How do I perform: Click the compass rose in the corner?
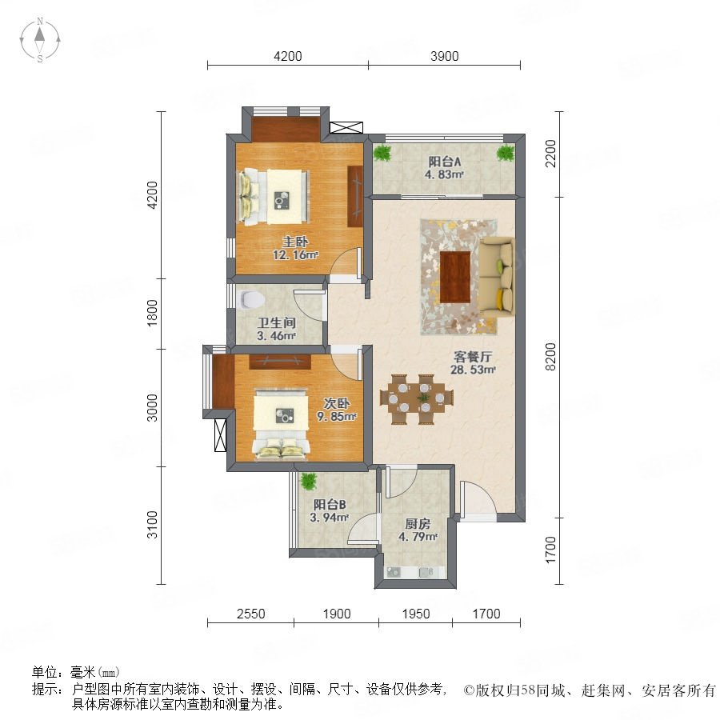pos(40,40)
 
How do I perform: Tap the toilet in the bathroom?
pos(252,299)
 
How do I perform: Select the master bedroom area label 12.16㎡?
pos(295,255)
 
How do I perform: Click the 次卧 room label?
pos(337,404)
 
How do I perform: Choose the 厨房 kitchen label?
pos(418,524)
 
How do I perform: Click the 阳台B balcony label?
pos(330,505)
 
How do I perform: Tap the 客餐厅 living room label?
pos(473,357)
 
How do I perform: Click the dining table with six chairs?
pos(417,398)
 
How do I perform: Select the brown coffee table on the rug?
pos(455,277)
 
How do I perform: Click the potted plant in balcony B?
pos(309,482)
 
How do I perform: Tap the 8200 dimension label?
pos(550,357)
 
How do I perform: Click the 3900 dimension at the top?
pos(445,56)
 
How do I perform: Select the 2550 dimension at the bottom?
pos(250,614)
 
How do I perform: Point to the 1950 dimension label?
pos(416,614)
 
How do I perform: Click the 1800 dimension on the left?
pos(152,313)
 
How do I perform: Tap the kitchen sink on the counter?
pos(394,572)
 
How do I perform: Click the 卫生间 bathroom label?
pos(276,323)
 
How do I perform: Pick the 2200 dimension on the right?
pos(550,154)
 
